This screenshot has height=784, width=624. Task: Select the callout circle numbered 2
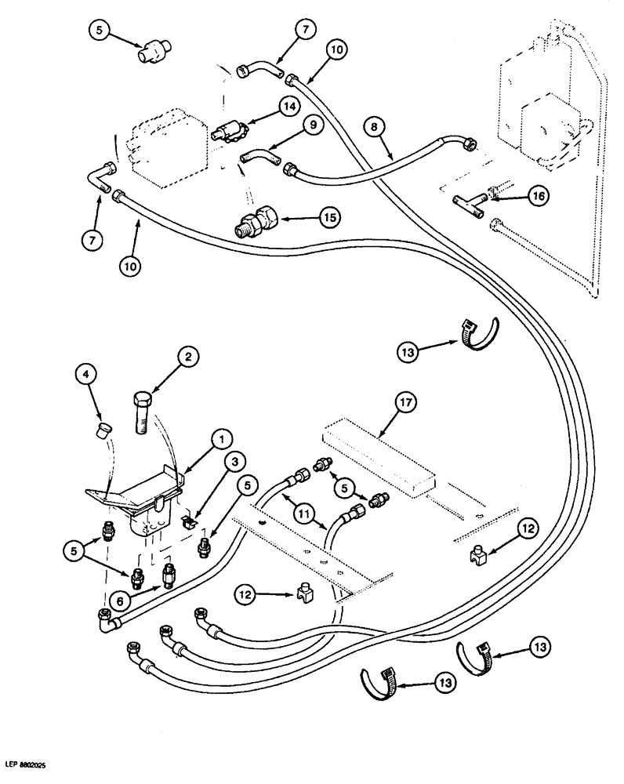tap(186, 358)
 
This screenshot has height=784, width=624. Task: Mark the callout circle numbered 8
tap(374, 124)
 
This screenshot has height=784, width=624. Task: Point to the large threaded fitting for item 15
tap(257, 223)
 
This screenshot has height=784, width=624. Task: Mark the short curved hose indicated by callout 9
tap(259, 154)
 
